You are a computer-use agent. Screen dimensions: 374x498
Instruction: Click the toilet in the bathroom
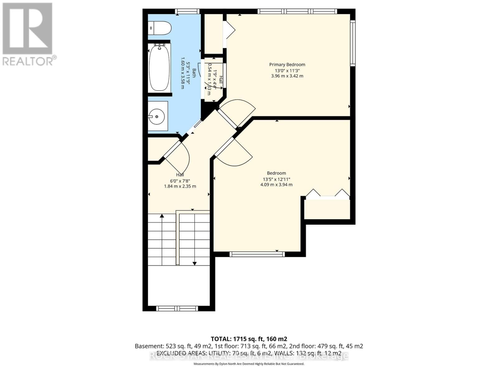click(x=159, y=28)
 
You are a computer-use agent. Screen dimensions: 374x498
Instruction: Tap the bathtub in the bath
click(x=159, y=68)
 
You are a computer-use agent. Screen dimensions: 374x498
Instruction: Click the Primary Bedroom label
click(x=287, y=65)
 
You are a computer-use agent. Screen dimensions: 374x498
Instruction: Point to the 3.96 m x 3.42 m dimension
click(x=287, y=76)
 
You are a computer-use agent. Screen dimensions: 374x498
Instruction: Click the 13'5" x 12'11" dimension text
click(x=276, y=179)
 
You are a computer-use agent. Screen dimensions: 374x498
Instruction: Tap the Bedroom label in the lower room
click(x=276, y=173)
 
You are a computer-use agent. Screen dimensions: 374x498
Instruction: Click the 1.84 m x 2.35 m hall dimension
click(x=180, y=186)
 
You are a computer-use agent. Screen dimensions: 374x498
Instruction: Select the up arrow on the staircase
click(x=162, y=216)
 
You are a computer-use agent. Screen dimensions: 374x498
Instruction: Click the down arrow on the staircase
click(x=195, y=263)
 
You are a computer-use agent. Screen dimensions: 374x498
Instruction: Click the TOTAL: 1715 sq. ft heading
click(x=249, y=339)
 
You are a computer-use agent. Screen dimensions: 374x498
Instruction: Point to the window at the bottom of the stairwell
click(x=177, y=309)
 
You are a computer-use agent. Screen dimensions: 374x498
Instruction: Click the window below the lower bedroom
click(x=257, y=254)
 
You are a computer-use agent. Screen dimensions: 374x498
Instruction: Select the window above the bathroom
click(x=187, y=12)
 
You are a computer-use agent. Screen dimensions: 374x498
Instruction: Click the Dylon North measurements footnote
click(x=249, y=364)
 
